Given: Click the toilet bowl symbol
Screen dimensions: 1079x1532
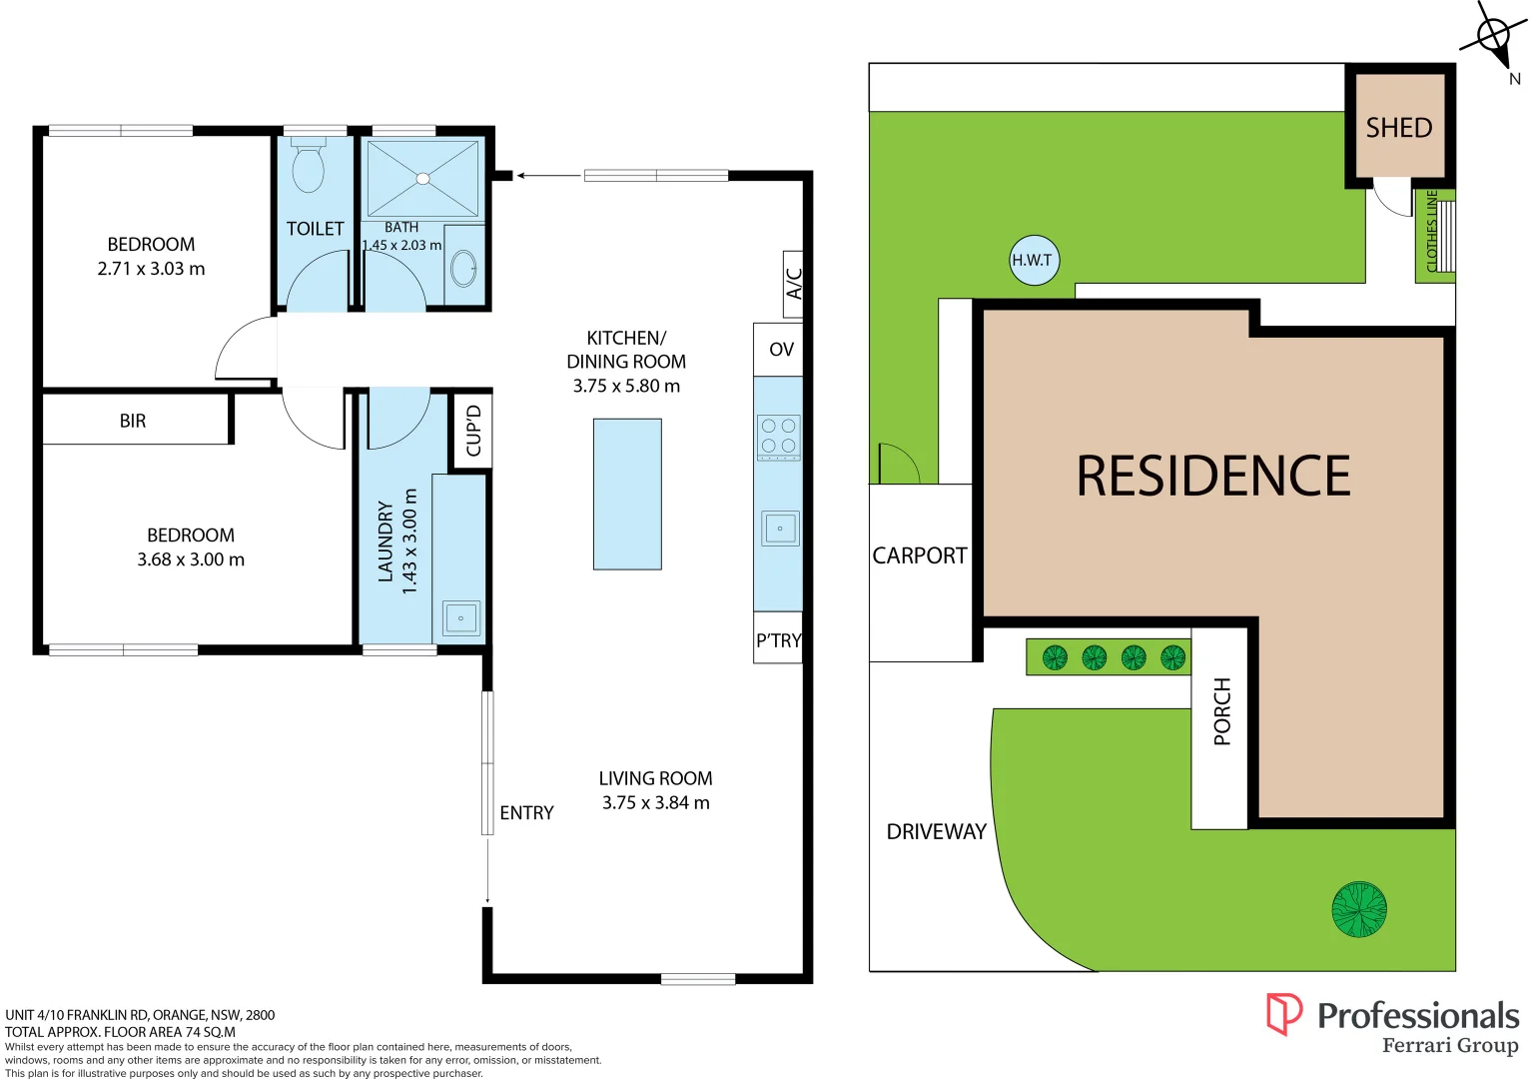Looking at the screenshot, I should point(309,169).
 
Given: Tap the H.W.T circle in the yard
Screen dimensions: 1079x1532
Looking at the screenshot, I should point(1033,260).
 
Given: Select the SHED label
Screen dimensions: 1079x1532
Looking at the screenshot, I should point(1398,128).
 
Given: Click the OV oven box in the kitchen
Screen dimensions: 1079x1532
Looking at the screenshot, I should point(779,350).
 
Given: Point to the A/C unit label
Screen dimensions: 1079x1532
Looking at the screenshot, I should point(794,283).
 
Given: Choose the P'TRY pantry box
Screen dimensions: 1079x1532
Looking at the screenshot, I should point(778,640).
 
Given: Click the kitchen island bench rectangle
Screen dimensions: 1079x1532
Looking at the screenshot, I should point(627,494).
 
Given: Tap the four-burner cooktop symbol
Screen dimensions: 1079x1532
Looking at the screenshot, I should point(779,437).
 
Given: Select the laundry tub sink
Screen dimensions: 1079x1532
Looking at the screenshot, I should point(460,618).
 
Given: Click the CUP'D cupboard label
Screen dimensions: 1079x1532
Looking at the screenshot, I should point(473,431).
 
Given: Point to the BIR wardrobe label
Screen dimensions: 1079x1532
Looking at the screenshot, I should point(133,421).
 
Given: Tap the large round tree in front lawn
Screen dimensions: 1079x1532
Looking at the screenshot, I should point(1359,909).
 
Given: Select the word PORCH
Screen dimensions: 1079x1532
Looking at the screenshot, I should point(1221,711).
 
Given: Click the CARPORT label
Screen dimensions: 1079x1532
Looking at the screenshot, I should point(920,555).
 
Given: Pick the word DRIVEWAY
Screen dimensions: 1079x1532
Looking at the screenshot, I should point(936,831).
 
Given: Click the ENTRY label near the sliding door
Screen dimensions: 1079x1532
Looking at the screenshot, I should point(526,813).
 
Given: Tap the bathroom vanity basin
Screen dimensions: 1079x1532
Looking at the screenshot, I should point(464,268).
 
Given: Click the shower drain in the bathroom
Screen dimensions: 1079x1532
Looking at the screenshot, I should point(422,179).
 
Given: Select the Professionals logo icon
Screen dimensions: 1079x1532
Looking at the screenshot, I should point(1283,1014).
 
